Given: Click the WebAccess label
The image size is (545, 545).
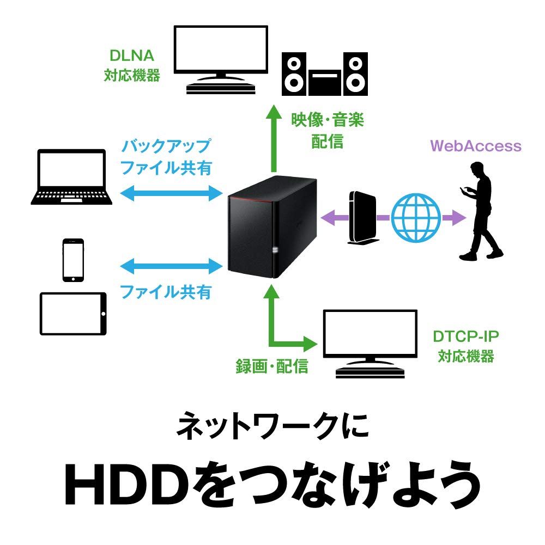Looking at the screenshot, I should tap(476, 146).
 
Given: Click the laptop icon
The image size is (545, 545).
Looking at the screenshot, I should tap(71, 177).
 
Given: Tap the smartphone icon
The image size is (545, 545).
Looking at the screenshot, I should tap(74, 260).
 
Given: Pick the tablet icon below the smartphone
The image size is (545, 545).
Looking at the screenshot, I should tap(74, 314).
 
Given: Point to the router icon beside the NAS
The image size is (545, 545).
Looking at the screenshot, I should tap(360, 217).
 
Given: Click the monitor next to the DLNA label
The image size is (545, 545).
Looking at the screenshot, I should tap(220, 57).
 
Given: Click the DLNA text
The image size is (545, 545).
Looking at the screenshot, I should tap(132, 56).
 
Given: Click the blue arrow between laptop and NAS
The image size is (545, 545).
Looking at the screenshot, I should tap(171, 193).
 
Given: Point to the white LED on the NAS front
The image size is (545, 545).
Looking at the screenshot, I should tap(275, 250).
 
